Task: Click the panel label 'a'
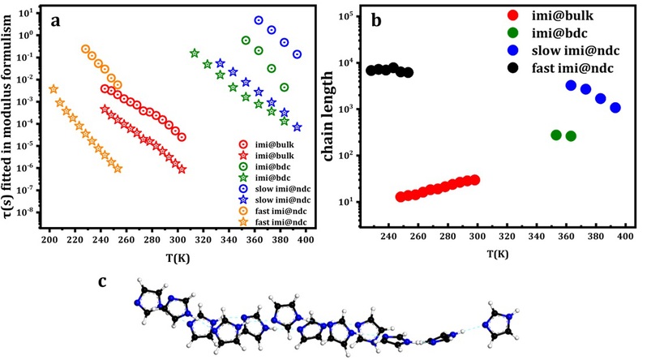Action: (56, 23)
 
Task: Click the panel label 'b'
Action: (378, 22)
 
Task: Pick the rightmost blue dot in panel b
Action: (615, 107)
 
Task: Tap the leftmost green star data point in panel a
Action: (194, 54)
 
